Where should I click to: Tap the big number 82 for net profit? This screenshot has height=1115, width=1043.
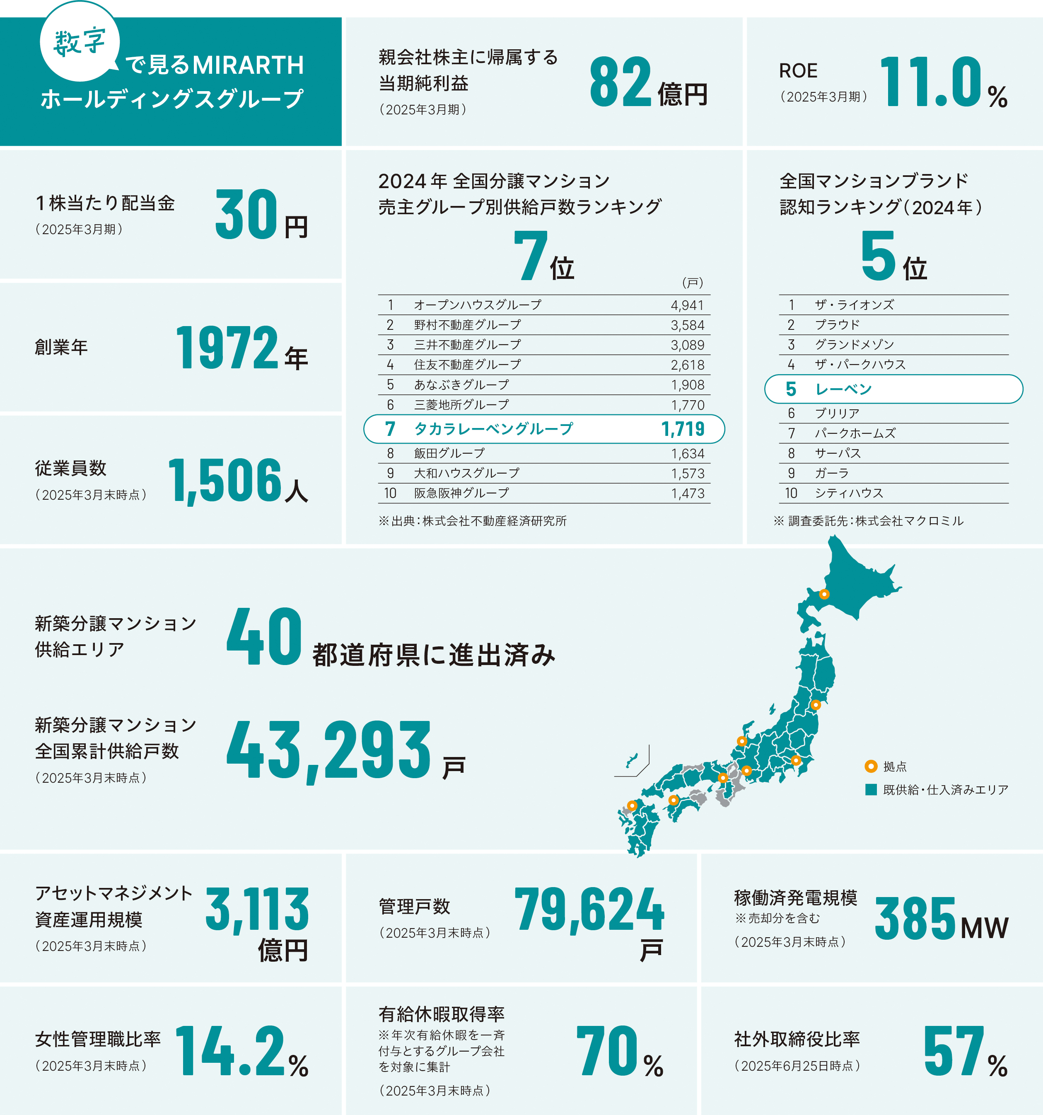(620, 82)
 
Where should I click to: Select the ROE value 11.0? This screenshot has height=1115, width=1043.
(931, 82)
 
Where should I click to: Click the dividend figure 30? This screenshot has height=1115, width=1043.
(246, 214)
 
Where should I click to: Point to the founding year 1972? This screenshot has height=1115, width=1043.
(227, 348)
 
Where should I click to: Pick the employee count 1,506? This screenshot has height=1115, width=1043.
(225, 480)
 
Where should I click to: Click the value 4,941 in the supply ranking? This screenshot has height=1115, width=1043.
(687, 305)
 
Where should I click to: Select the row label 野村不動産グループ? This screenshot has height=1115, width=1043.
(467, 325)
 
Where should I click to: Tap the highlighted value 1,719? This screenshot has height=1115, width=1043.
(683, 429)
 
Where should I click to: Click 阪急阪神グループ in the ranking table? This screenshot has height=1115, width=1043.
(461, 493)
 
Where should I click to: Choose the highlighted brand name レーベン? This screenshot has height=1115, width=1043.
(843, 389)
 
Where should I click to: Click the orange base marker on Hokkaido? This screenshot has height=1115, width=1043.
(824, 594)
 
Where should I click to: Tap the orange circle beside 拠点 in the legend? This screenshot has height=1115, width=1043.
(871, 766)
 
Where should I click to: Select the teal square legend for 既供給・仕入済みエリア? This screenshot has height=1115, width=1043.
(871, 790)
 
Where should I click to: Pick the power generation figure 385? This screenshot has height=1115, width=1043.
(915, 918)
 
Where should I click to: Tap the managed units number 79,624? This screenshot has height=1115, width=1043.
(589, 910)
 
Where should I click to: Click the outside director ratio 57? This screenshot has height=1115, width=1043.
(953, 1050)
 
